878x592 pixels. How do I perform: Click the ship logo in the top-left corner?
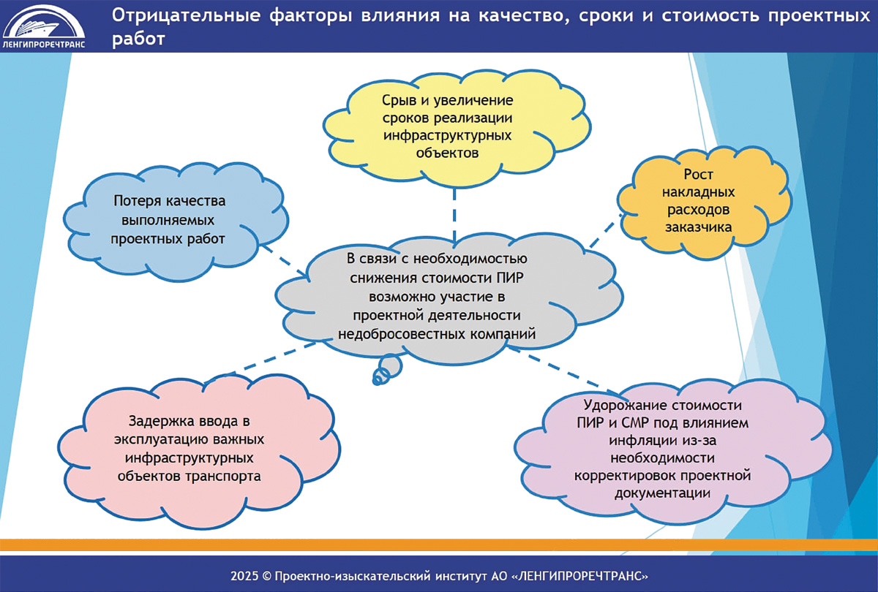coord(43,26)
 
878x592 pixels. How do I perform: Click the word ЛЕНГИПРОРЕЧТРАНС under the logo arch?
coord(43,45)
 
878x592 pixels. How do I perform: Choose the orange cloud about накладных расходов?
coord(705,202)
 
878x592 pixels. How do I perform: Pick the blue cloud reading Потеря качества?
coord(175,221)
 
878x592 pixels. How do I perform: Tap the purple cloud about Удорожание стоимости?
coord(672,451)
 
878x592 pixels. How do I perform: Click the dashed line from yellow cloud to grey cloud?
coord(454,215)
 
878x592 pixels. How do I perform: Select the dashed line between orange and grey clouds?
coord(606,230)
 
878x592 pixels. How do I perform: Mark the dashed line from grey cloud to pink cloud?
coord(260,362)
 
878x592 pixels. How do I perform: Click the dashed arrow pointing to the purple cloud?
coord(563,371)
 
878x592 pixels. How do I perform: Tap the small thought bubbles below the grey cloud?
coord(387,370)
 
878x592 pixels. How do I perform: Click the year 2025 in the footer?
coord(244,576)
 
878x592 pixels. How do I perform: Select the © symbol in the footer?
coord(266,577)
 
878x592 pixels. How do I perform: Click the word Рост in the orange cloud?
coord(698,174)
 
